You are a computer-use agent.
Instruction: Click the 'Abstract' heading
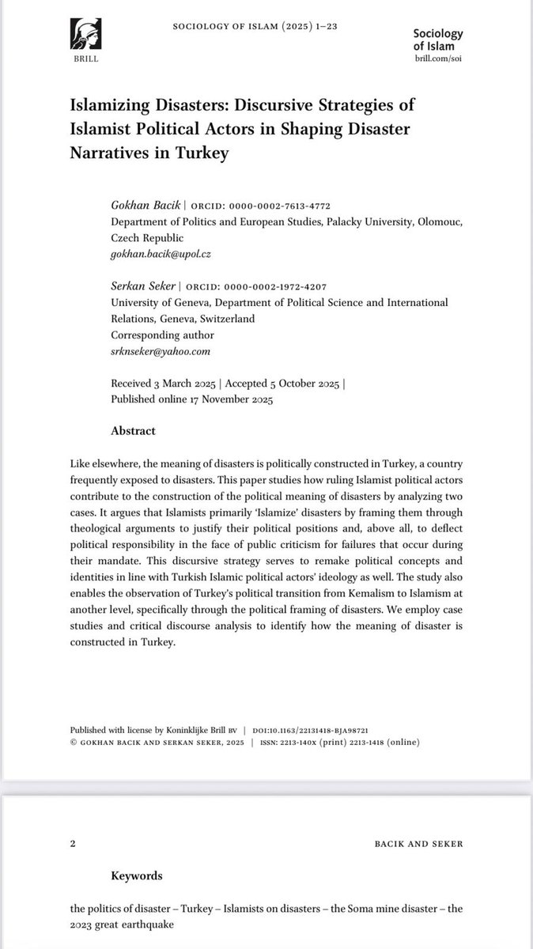(x=133, y=431)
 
